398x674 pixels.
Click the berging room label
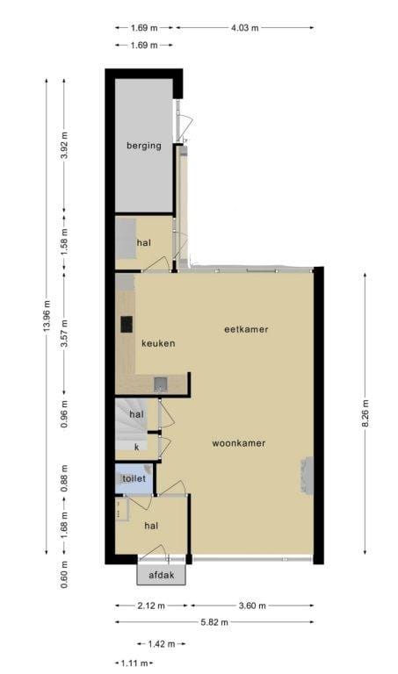pos(144,146)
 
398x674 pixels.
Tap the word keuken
pos(158,343)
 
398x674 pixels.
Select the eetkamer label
pos(246,329)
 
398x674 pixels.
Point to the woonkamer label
pos(239,443)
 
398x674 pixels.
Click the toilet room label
pos(134,478)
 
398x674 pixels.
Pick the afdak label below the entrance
pos(162,575)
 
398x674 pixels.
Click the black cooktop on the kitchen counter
pos(127,325)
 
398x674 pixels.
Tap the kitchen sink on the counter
pos(161,384)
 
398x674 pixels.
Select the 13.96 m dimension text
pos(47,316)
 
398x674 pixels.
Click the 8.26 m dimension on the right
pos(365,413)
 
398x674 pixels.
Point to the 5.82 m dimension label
pos(214,622)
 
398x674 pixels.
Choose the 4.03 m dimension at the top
pos(245,28)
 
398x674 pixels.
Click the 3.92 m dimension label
pos(64,145)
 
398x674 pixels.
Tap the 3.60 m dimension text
pos(252,606)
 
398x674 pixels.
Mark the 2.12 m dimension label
pos(151,606)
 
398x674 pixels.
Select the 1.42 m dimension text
pos(162,644)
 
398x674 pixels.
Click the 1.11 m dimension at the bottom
pos(134,663)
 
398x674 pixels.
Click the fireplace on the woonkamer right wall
pos(306,475)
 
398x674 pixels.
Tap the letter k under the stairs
pos(137,447)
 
